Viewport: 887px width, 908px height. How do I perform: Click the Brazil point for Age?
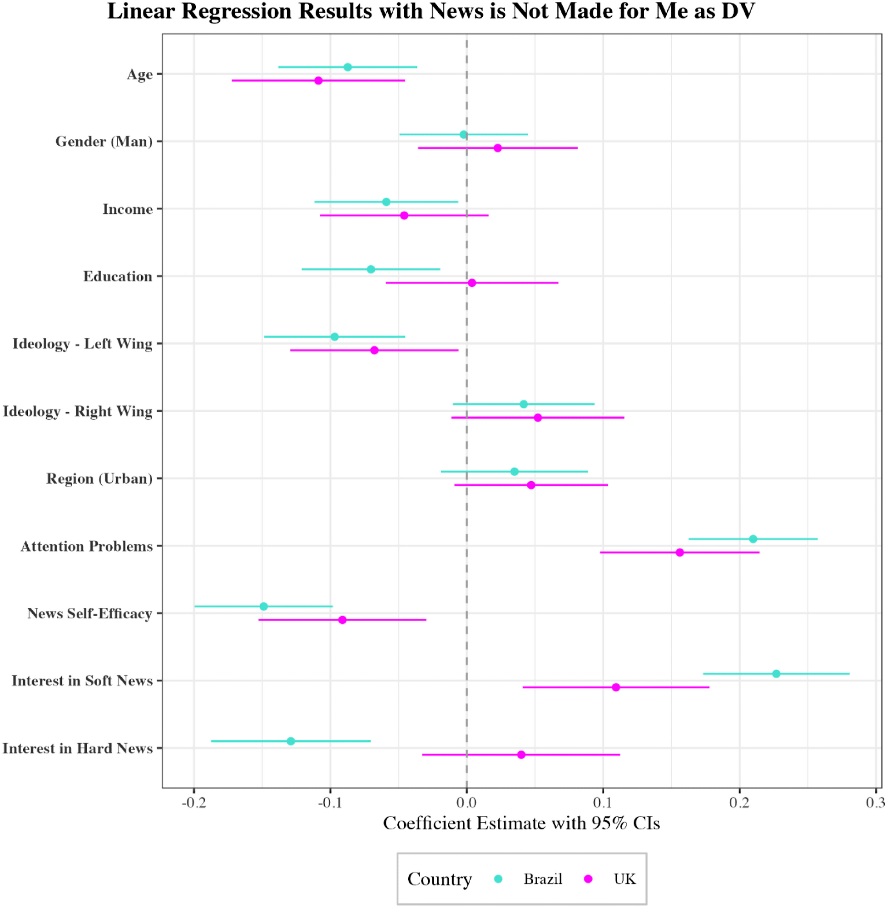347,67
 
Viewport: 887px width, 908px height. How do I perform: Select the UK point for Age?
318,80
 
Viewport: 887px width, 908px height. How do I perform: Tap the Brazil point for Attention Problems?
753,539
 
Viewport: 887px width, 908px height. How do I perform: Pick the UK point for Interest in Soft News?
616,687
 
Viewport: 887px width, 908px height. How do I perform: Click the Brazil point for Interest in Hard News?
291,741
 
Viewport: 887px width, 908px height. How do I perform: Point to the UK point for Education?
472,283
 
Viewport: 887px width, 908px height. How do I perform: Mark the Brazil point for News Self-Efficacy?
264,606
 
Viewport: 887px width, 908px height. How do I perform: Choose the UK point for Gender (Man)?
497,148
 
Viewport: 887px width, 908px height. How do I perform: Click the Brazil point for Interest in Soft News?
776,674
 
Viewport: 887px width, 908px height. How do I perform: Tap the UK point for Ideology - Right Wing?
538,418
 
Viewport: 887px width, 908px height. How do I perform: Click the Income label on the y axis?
128,210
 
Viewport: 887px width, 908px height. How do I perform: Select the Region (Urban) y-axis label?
99,479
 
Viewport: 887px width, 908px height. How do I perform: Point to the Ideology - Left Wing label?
83,344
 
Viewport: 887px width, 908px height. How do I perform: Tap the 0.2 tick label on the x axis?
739,803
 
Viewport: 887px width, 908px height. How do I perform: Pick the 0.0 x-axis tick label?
466,803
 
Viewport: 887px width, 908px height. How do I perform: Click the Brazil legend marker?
499,878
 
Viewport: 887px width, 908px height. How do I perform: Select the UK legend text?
624,878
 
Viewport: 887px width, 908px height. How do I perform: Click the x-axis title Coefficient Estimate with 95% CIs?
521,823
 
